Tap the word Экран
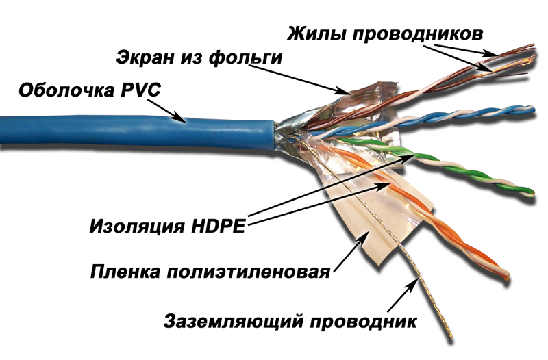pyautogui.click(x=146, y=57)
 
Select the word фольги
pyautogui.click(x=246, y=58)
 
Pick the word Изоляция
pyautogui.click(x=136, y=227)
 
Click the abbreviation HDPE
pyautogui.click(x=218, y=227)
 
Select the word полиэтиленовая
pyautogui.click(x=248, y=272)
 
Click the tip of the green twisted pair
pyautogui.click(x=533, y=193)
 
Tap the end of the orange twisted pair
pyautogui.click(x=506, y=277)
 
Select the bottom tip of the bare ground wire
pyautogui.click(x=451, y=337)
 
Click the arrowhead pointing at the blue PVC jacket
pyautogui.click(x=181, y=118)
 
